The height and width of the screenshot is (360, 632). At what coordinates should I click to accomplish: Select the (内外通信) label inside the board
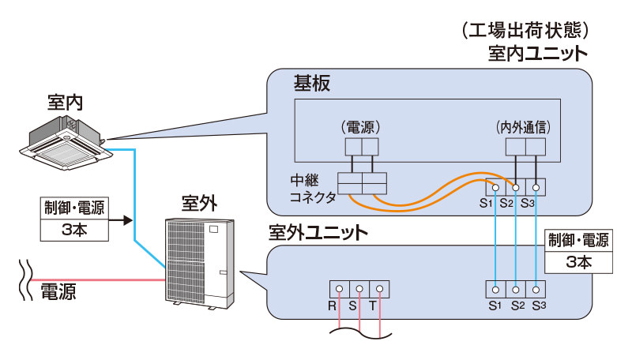[x=523, y=126]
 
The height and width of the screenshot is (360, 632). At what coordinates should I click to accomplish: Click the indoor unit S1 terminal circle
[x=495, y=188]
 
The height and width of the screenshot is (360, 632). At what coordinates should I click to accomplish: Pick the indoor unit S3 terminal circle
[x=536, y=188]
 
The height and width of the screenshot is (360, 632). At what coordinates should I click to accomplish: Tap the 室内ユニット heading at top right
[x=537, y=54]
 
